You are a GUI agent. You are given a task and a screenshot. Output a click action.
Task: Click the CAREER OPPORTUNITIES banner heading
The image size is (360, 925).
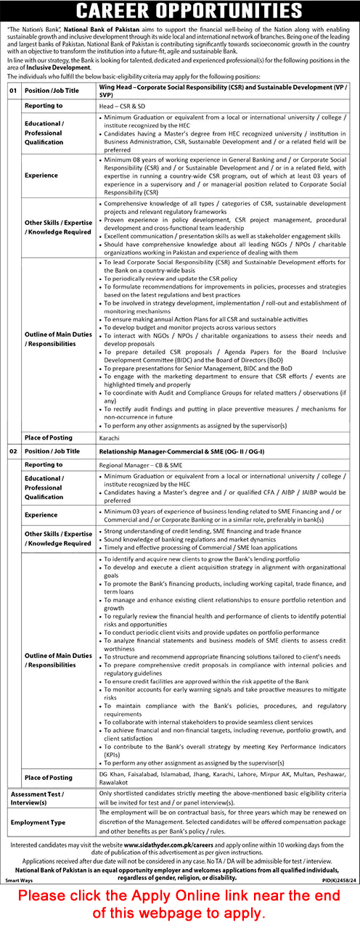pos(180,12)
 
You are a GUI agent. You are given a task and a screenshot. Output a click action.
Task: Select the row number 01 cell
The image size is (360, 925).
pos(12,91)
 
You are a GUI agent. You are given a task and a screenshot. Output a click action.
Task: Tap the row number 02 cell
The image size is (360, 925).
pos(12,451)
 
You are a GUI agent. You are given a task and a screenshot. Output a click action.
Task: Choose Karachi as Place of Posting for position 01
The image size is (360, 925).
pos(110,438)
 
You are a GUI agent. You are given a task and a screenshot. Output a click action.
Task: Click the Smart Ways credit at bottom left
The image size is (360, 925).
pos(20,879)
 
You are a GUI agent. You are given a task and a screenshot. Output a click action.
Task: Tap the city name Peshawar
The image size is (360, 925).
pos(335,773)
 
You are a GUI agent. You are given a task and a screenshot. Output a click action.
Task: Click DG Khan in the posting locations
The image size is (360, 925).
pos(111,773)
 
